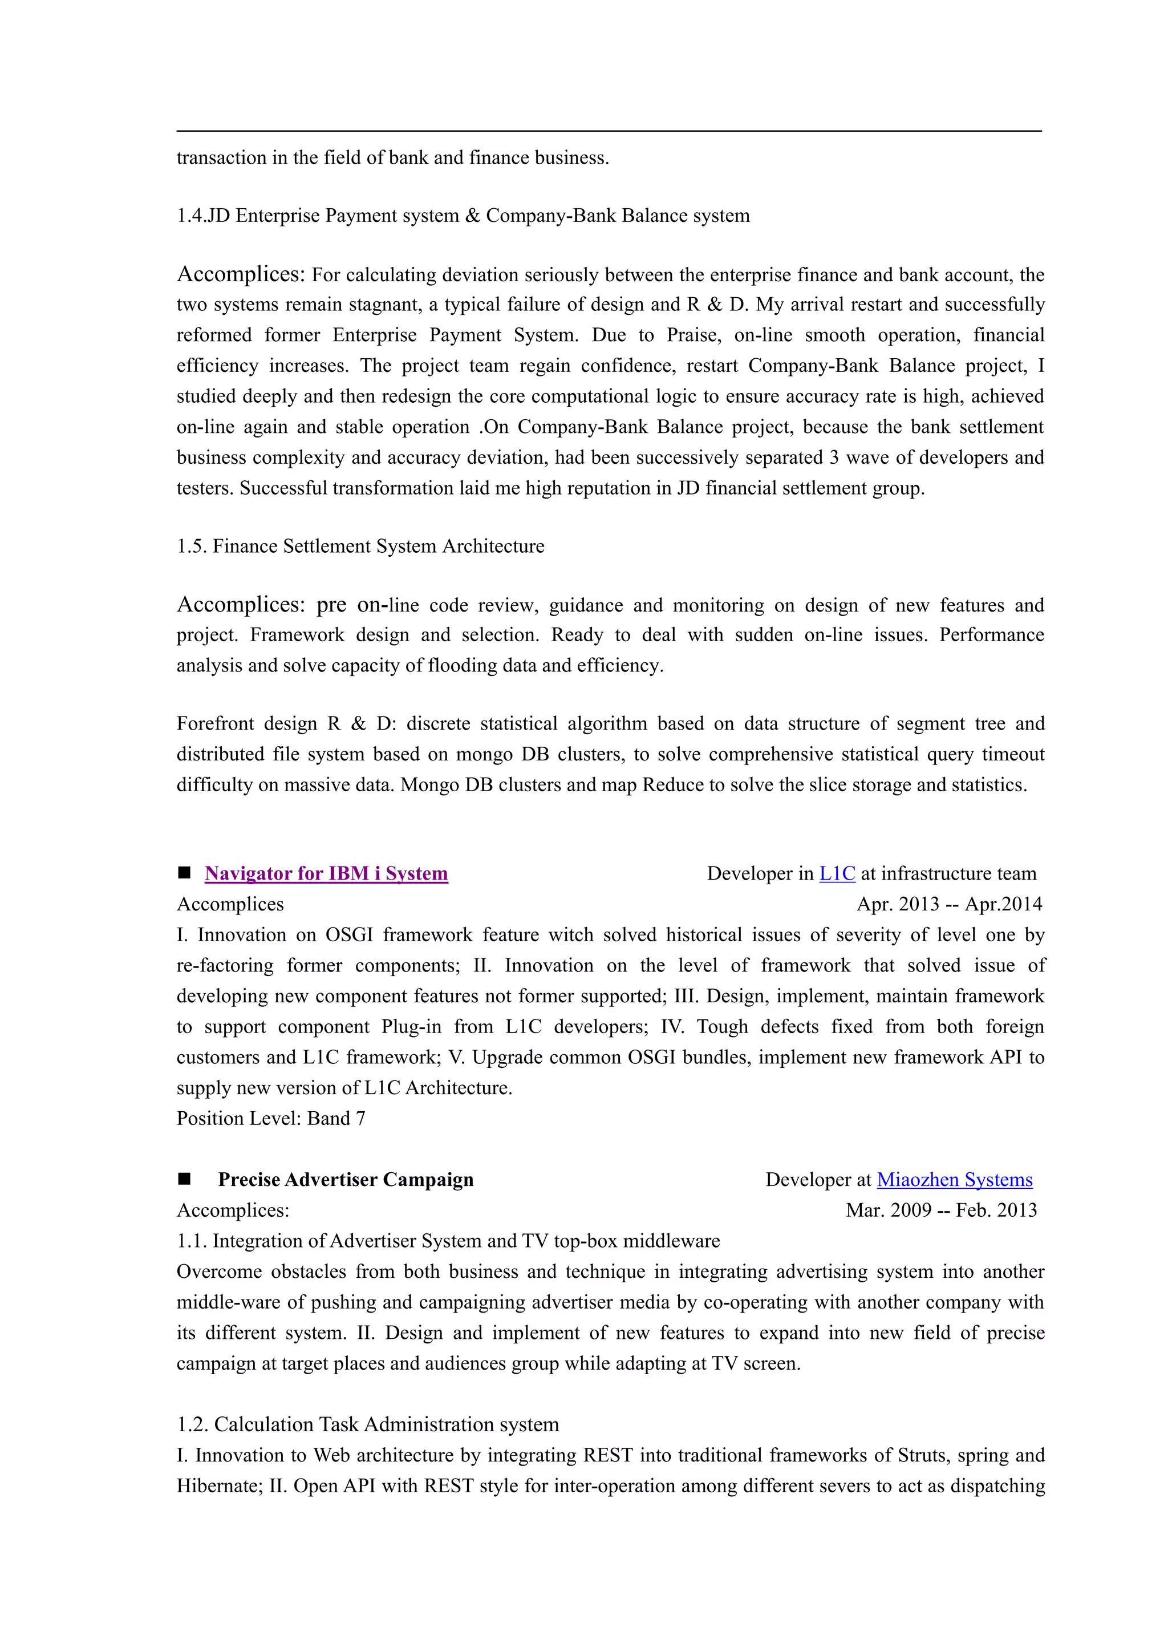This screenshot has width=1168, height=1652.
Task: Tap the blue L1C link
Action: pos(837,873)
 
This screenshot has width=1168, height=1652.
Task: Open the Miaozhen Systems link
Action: pos(954,1180)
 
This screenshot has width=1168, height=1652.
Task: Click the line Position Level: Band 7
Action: pos(270,1118)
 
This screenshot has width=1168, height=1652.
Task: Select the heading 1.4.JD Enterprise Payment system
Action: pos(463,216)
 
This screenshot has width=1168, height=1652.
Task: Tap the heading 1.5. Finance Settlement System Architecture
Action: pos(360,546)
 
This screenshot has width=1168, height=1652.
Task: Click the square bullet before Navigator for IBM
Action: pos(184,873)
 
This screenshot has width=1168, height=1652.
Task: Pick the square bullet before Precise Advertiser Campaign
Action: pos(184,1179)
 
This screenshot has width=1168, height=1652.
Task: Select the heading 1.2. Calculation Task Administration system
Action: pos(367,1424)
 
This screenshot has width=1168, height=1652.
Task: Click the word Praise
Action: pos(693,335)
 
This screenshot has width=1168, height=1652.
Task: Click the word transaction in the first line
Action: pos(221,157)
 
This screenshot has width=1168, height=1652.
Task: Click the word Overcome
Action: pos(218,1272)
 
